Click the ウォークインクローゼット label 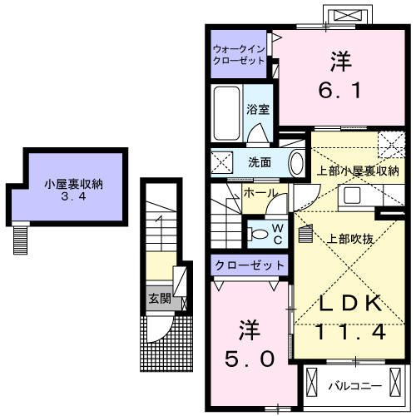(238, 54)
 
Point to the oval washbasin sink (296, 162)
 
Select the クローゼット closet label (250, 265)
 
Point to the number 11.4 (350, 332)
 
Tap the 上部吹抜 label (349, 238)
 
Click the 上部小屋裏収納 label (359, 171)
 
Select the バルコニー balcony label (354, 386)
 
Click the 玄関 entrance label (157, 297)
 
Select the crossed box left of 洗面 (221, 161)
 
